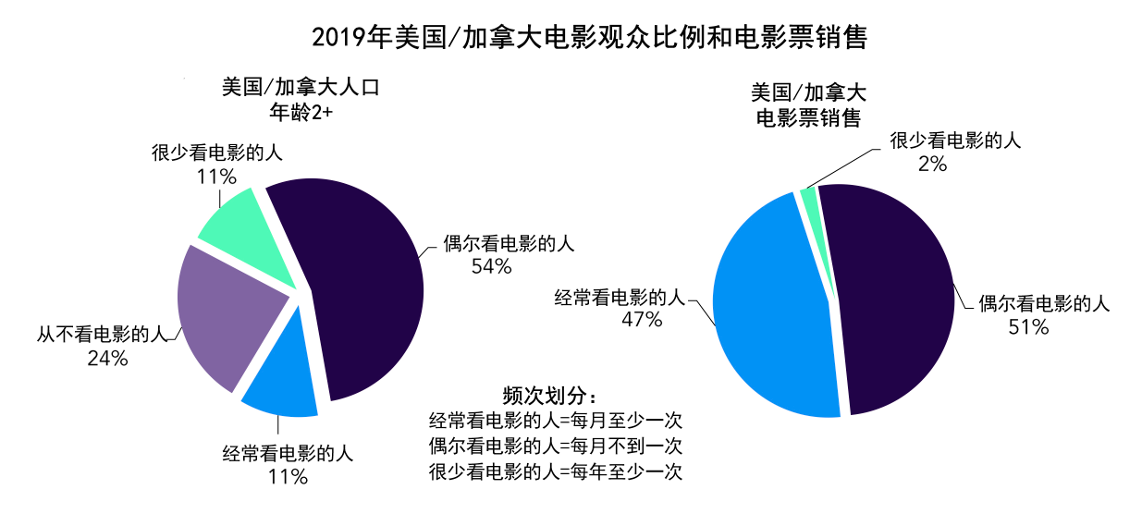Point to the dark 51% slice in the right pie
coord(892,296)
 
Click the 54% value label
coord(490,266)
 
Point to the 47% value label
coord(642,320)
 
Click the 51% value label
coord(1027,326)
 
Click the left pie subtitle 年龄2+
coord(301,113)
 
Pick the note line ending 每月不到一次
coord(556,446)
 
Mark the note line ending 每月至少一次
coord(556,421)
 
